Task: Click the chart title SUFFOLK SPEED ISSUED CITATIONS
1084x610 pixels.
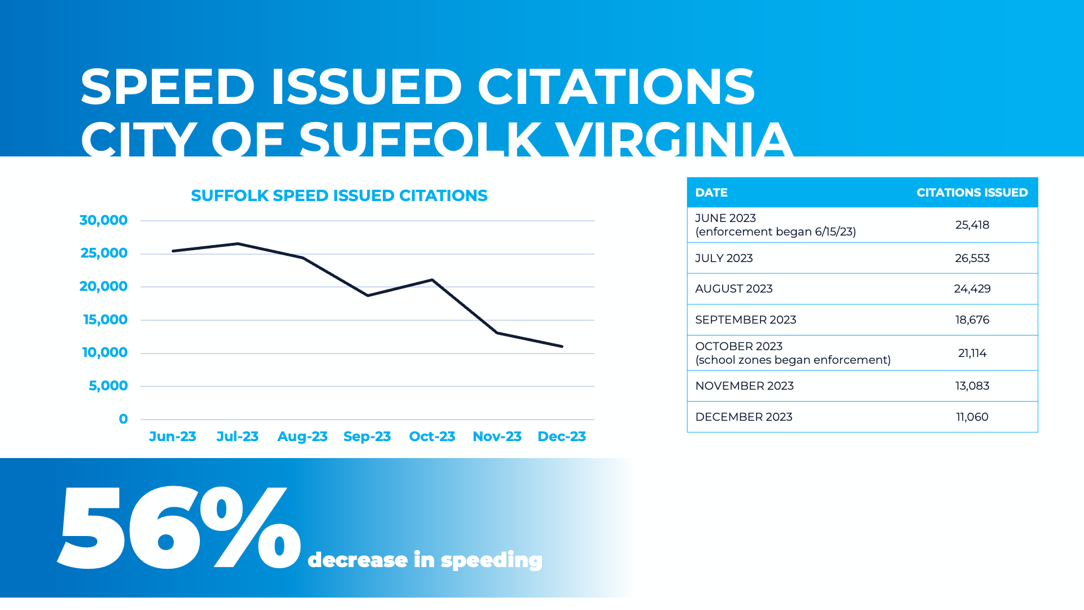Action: [339, 195]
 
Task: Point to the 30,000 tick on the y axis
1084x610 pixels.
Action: [103, 220]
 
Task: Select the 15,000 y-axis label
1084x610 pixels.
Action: [105, 320]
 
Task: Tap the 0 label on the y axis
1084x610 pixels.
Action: [123, 419]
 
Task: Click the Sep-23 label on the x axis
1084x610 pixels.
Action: [367, 437]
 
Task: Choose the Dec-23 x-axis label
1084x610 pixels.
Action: [561, 437]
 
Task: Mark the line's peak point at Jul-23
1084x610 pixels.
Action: [238, 243]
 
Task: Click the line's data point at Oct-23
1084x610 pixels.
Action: [432, 280]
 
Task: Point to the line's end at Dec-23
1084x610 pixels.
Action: [562, 346]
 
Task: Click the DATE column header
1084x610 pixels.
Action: [711, 193]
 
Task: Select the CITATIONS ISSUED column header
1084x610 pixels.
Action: [972, 193]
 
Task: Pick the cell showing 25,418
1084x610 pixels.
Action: [972, 225]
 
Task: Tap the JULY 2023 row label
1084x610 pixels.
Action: [724, 258]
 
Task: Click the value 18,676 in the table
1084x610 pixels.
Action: [972, 320]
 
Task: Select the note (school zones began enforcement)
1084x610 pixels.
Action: [793, 360]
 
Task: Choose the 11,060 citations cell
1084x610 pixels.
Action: [972, 417]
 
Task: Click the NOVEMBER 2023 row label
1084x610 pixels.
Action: [744, 386]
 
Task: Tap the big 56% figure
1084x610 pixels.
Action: [178, 528]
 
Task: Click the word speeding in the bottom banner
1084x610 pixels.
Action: [491, 560]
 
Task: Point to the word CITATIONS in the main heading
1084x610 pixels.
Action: [616, 88]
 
